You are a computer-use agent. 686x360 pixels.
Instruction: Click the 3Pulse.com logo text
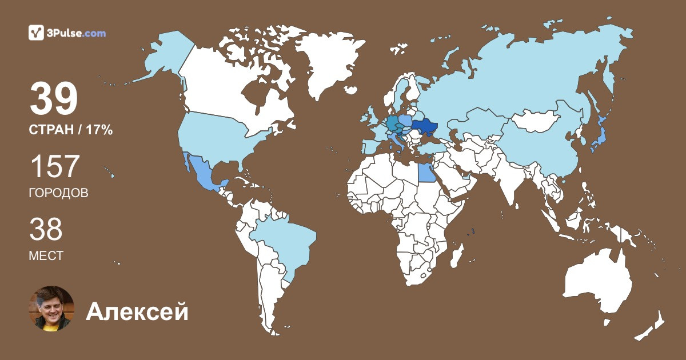click(x=75, y=33)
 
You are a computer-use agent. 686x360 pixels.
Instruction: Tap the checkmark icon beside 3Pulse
click(x=36, y=33)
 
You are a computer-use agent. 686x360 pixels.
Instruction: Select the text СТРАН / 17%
click(x=70, y=130)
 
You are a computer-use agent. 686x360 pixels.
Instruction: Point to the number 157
click(x=54, y=166)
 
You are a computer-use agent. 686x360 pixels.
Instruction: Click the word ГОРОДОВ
click(x=58, y=193)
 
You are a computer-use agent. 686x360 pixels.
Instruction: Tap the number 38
click(x=46, y=229)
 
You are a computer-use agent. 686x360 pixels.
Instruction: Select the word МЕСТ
click(x=46, y=256)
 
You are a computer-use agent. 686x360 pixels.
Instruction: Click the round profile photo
click(x=51, y=309)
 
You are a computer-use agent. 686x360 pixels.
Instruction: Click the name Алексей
click(x=137, y=312)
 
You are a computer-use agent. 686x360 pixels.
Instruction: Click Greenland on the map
click(x=329, y=63)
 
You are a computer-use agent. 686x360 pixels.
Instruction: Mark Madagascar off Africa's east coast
click(x=456, y=254)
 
